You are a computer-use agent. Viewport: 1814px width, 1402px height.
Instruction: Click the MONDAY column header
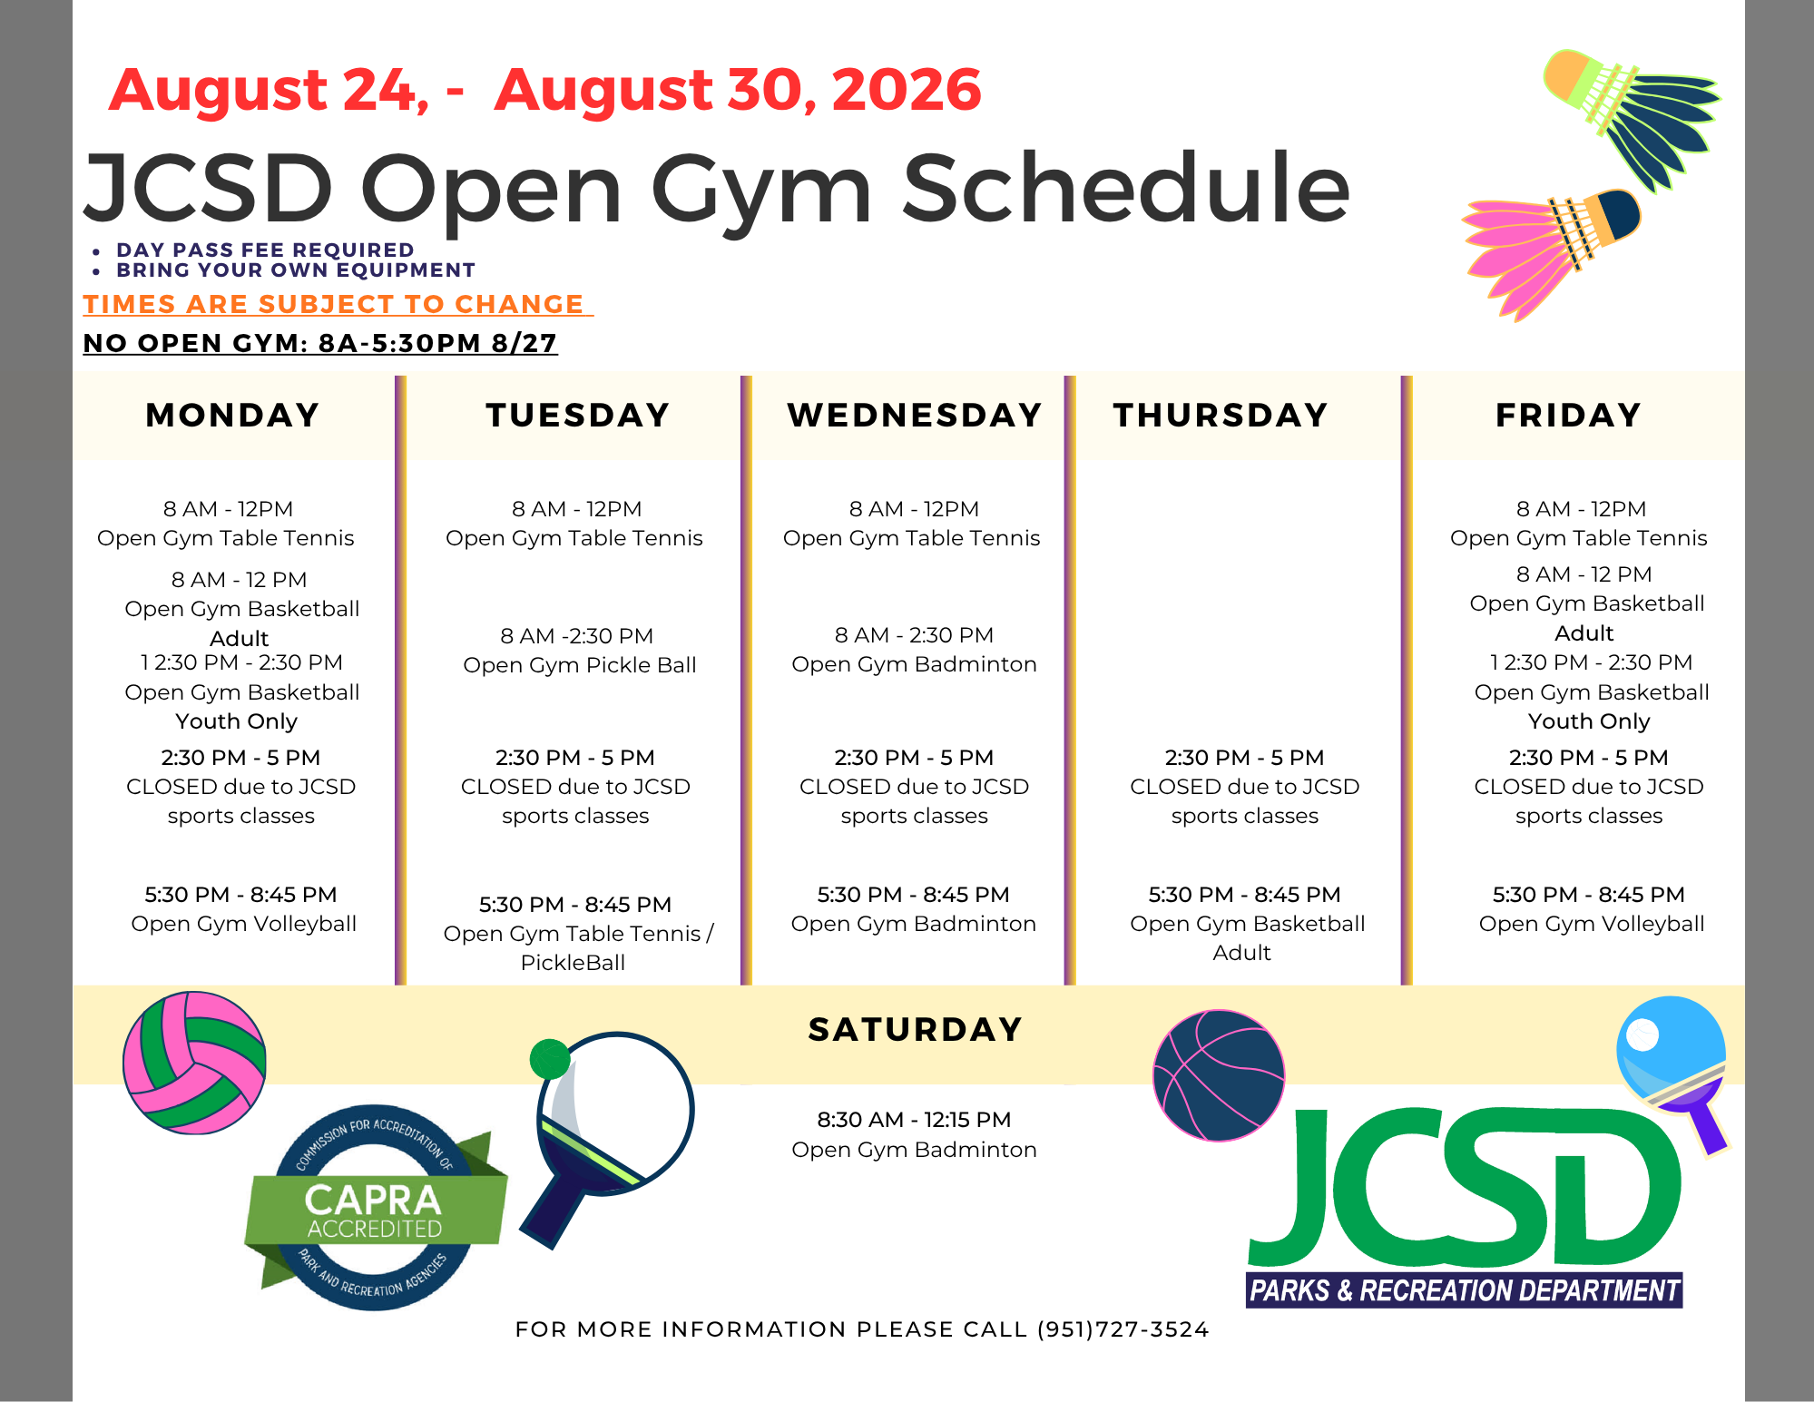232,416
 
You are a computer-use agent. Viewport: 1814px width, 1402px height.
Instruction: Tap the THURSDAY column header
1221,416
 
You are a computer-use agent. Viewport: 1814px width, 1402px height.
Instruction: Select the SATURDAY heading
915,1030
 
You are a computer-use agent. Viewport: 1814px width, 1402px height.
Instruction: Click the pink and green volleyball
194,1063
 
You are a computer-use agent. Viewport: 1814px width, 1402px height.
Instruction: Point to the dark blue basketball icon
1219,1075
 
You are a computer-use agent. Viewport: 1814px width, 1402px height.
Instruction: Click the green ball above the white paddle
549,1059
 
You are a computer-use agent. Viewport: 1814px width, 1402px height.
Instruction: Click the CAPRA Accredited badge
375,1208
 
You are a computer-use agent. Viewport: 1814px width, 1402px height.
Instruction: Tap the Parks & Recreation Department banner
1465,1289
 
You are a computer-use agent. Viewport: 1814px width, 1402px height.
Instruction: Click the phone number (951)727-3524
1123,1329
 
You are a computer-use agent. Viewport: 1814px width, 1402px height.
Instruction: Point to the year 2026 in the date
906,90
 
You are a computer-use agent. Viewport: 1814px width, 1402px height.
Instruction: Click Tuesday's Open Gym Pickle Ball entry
580,665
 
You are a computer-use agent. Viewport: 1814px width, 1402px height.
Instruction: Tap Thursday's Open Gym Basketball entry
1247,924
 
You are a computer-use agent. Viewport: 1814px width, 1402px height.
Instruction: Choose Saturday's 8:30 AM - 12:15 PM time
914,1120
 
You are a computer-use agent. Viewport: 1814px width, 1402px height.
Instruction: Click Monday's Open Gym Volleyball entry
243,924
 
